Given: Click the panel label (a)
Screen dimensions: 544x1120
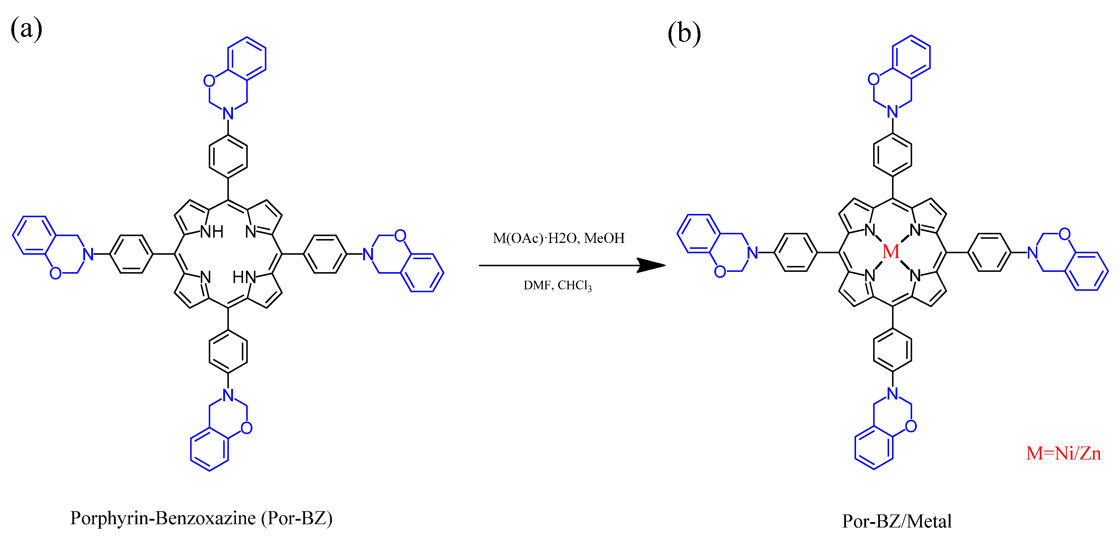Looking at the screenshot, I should pyautogui.click(x=26, y=29).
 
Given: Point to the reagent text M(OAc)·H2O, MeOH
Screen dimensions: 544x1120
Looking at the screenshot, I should pyautogui.click(x=558, y=238).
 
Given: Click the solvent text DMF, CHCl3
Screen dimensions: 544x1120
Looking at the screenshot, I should pyautogui.click(x=557, y=285).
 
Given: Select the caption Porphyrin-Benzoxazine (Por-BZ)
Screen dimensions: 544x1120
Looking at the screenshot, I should pyautogui.click(x=201, y=518).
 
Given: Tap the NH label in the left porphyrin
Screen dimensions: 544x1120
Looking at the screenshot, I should pyautogui.click(x=212, y=232).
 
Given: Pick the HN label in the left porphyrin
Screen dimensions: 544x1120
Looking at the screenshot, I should pyautogui.click(x=244, y=277).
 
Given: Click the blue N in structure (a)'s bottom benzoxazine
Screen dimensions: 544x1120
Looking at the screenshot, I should pyautogui.click(x=228, y=395).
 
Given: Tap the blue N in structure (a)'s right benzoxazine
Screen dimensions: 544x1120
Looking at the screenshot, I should pyautogui.click(x=368, y=254).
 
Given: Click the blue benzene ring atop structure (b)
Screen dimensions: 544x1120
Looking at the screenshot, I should pyautogui.click(x=911, y=57).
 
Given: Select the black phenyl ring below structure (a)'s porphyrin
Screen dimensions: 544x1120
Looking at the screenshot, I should pyautogui.click(x=228, y=352).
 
